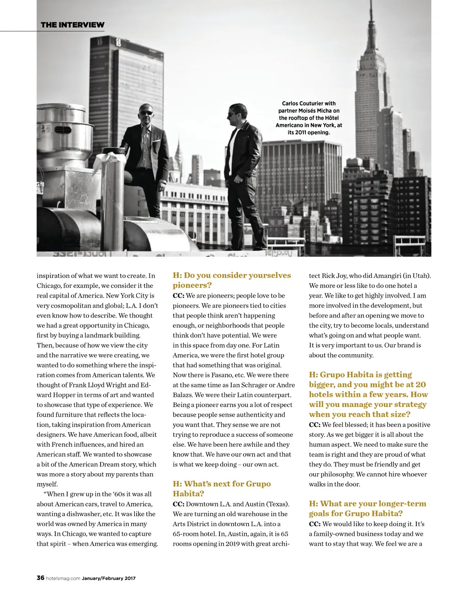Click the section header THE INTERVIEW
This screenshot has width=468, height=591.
pyautogui.click(x=72, y=25)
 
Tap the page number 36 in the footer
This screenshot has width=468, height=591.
pyautogui.click(x=40, y=578)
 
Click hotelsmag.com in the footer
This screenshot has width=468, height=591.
pyautogui.click(x=63, y=578)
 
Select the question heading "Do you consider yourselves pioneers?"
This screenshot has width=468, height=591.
pyautogui.click(x=232, y=280)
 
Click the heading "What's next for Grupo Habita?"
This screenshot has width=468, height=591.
pyautogui.click(x=222, y=488)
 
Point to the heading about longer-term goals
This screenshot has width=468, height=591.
pyautogui.click(x=367, y=508)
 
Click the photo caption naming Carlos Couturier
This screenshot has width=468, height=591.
pyautogui.click(x=308, y=118)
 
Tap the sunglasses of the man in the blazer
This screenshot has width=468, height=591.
pyautogui.click(x=146, y=113)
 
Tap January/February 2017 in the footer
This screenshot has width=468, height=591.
pyautogui.click(x=109, y=578)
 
